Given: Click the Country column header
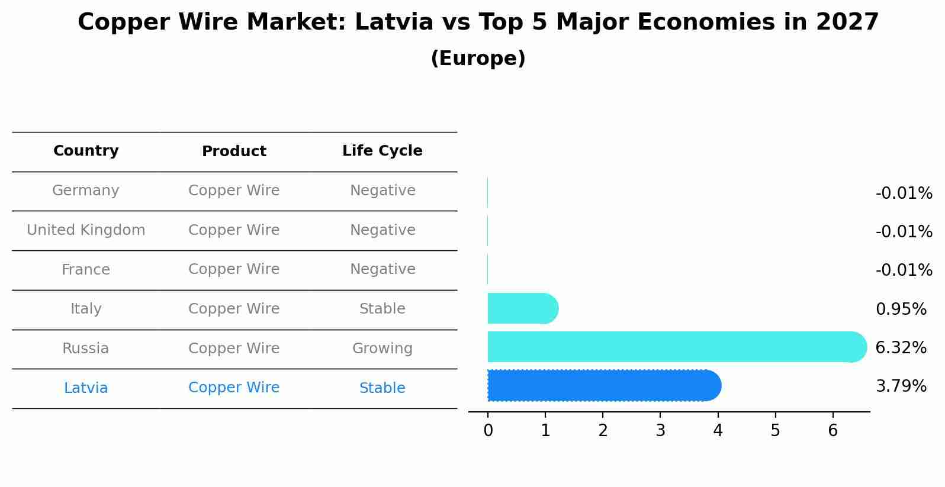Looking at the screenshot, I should coord(86,151).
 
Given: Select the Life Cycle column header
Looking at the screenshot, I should coord(382,151).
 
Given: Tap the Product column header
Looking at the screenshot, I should coord(234,151).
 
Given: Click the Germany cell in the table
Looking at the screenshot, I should coord(86,191).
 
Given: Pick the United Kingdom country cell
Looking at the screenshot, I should coord(86,230).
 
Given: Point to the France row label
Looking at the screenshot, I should coord(86,270).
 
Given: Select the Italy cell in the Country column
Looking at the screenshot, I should coord(86,309).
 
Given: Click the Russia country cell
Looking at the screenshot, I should coord(86,349).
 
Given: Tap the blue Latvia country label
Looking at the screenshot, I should coord(86,388).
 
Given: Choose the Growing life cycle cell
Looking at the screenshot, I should coord(382,349).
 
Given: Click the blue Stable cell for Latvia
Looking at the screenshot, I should coord(382,388).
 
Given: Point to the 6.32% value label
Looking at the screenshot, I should coord(901,348).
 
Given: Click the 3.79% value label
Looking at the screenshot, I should coord(901,386).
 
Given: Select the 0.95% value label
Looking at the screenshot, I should coord(901,309).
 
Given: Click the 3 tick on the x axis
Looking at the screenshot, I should coord(660,431).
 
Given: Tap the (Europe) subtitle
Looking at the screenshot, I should coord(478,59).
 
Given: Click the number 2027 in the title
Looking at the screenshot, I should coord(847,22).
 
